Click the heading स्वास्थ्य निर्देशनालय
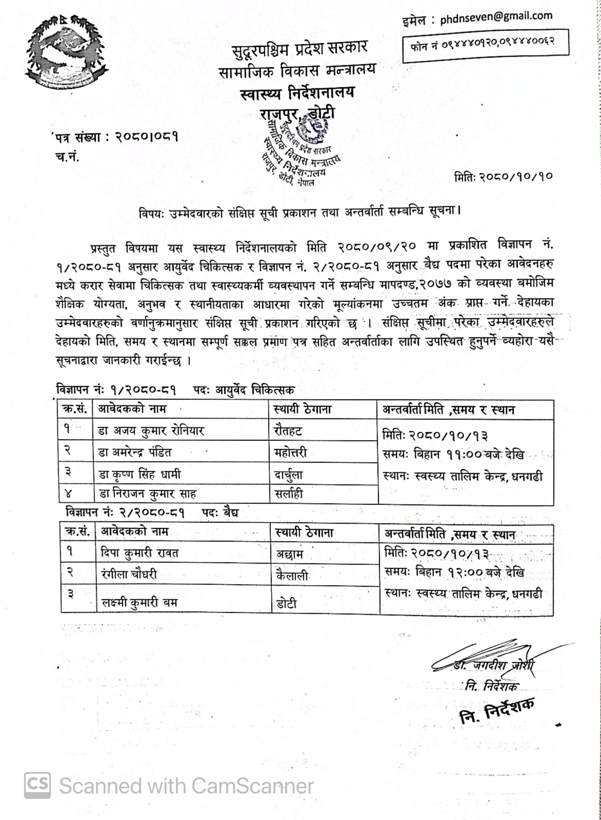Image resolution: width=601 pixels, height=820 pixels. [297, 93]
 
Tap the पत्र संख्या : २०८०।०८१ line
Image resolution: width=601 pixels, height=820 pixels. [116, 137]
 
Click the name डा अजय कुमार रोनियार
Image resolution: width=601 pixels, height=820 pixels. [151, 431]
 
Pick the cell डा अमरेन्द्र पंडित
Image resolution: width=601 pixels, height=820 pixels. [135, 453]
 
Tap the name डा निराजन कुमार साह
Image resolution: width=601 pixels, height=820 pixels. [148, 493]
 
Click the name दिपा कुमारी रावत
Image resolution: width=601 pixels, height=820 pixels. [140, 553]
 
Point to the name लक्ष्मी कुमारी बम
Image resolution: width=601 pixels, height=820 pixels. [139, 603]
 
